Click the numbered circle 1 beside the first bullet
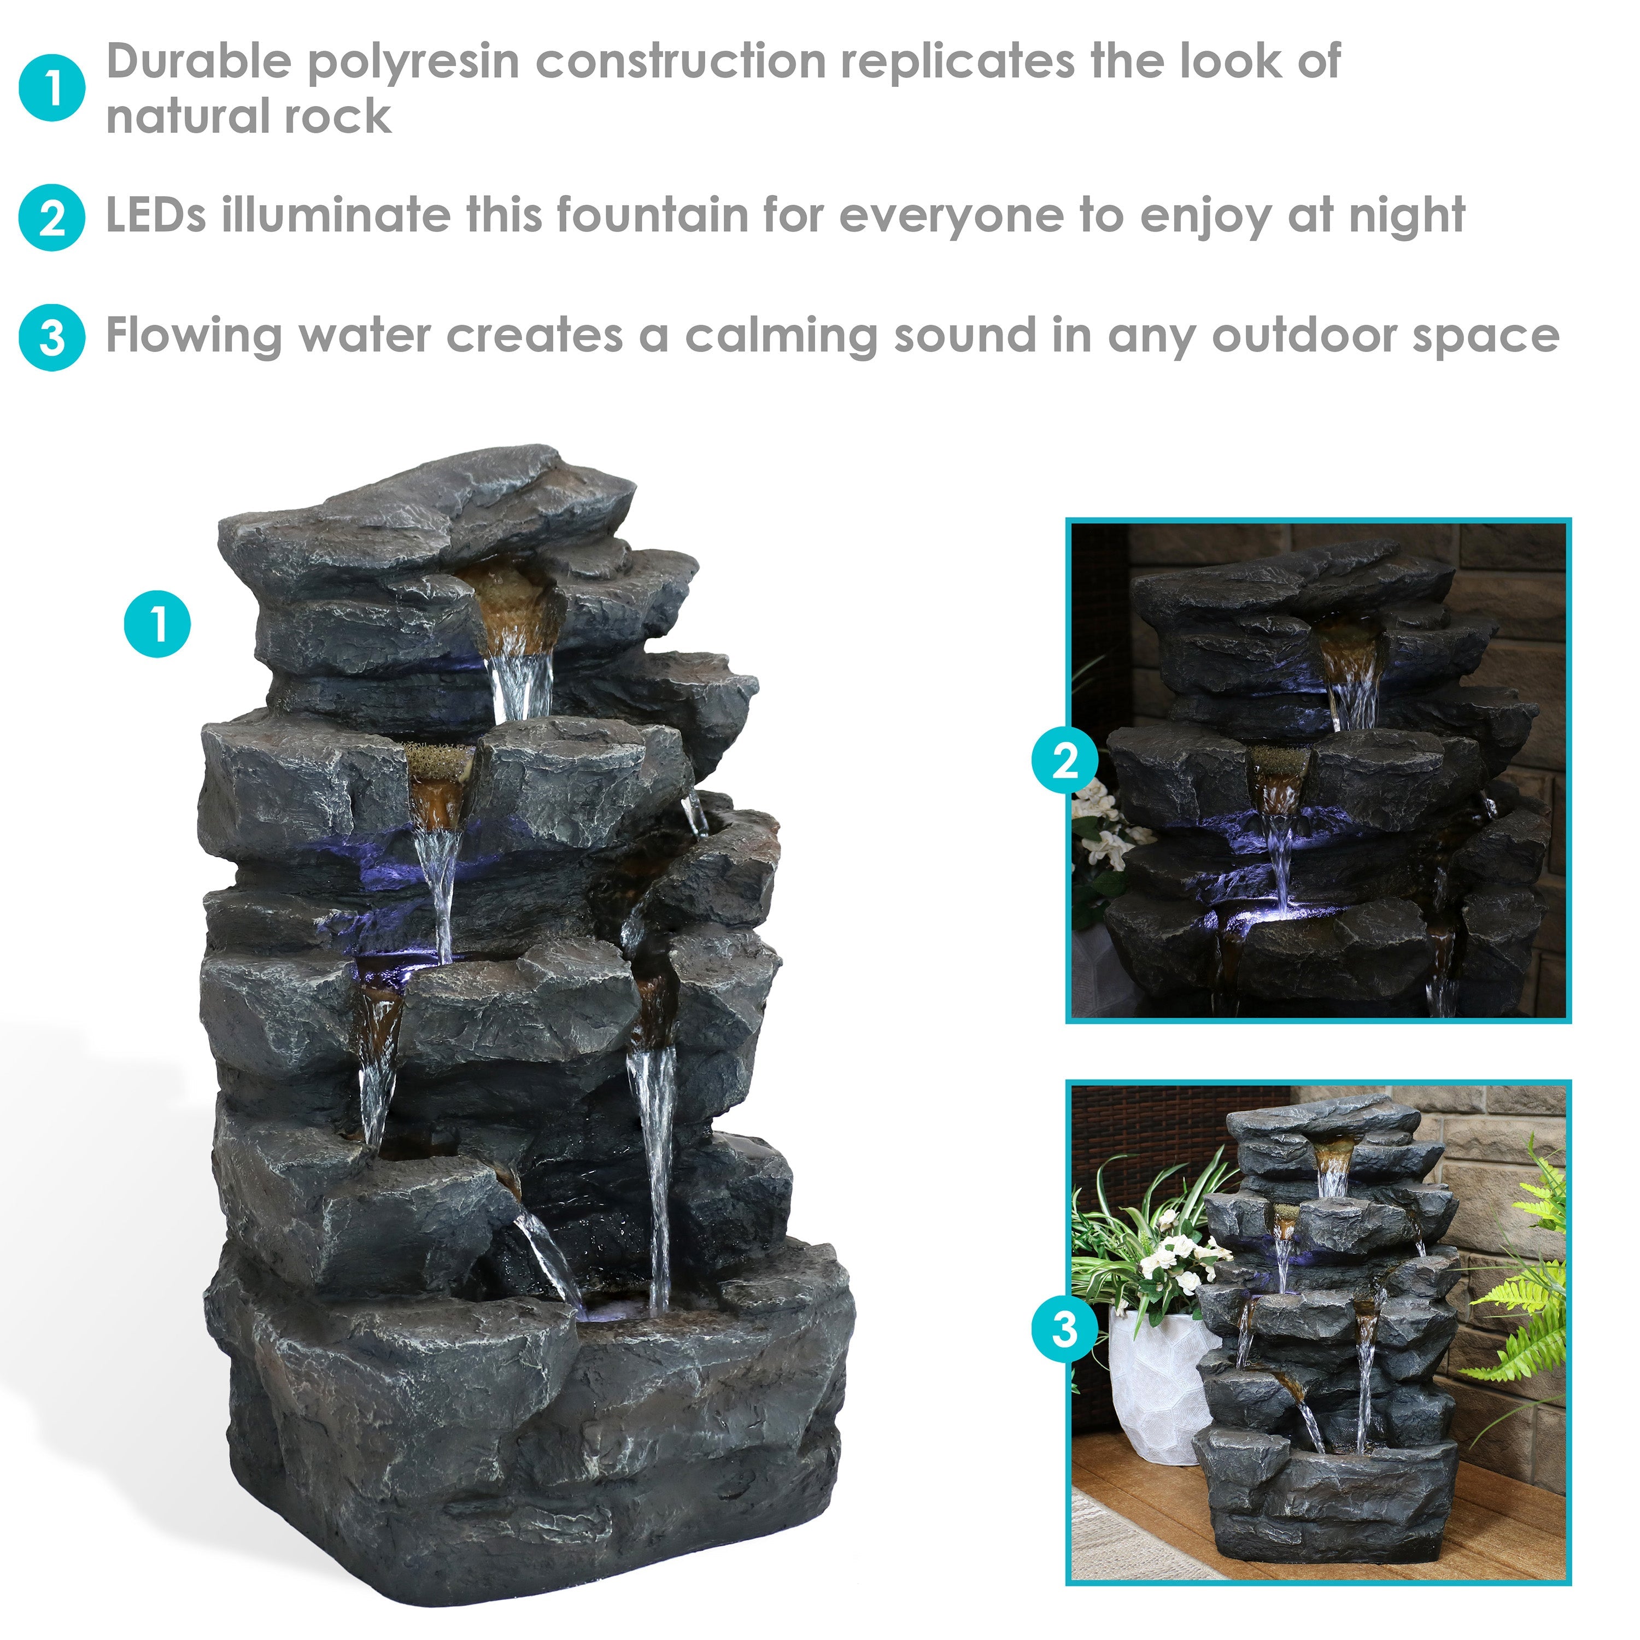pyautogui.click(x=52, y=88)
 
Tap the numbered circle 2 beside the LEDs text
pyautogui.click(x=52, y=218)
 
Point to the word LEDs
pyautogui.click(x=155, y=215)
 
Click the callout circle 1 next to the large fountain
pyautogui.click(x=158, y=625)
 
